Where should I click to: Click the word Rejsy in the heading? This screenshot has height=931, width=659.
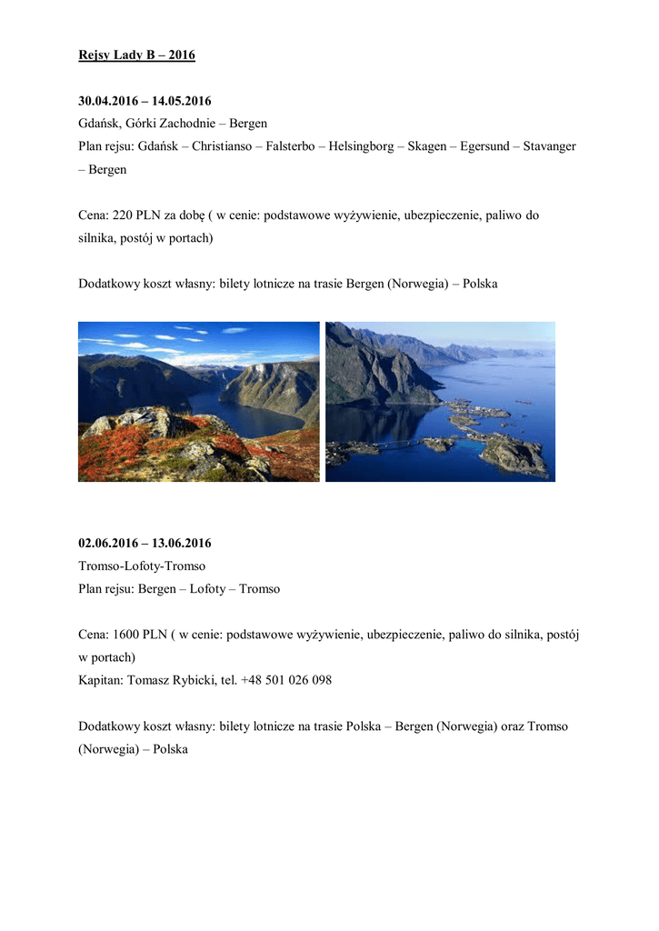pyautogui.click(x=94, y=55)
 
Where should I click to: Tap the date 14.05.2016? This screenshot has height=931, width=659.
pyautogui.click(x=181, y=101)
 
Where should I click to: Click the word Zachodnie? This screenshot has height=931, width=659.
pyautogui.click(x=189, y=124)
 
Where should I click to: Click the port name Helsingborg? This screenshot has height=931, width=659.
pyautogui.click(x=362, y=146)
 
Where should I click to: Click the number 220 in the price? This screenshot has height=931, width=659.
pyautogui.click(x=123, y=215)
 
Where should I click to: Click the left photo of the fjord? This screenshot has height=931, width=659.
pyautogui.click(x=198, y=401)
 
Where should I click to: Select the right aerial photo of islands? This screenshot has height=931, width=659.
pyautogui.click(x=440, y=401)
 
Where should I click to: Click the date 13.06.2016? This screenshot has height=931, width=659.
pyautogui.click(x=181, y=544)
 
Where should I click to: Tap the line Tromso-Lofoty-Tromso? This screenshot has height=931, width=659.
pyautogui.click(x=142, y=566)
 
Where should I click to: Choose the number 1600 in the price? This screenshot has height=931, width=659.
pyautogui.click(x=126, y=635)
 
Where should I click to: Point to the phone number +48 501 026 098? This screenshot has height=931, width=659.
pyautogui.click(x=286, y=680)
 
